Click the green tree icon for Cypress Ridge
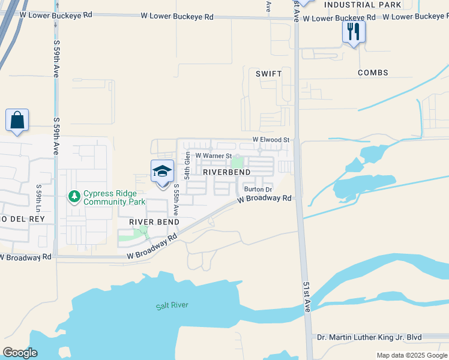[74, 196]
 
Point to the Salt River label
[172, 305]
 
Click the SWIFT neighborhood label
[268, 73]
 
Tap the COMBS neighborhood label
[373, 73]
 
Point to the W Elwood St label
[271, 140]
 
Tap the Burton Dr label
[258, 190]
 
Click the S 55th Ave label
[176, 199]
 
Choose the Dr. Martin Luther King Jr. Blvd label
[369, 337]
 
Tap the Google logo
[20, 353]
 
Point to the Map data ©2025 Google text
[411, 355]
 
